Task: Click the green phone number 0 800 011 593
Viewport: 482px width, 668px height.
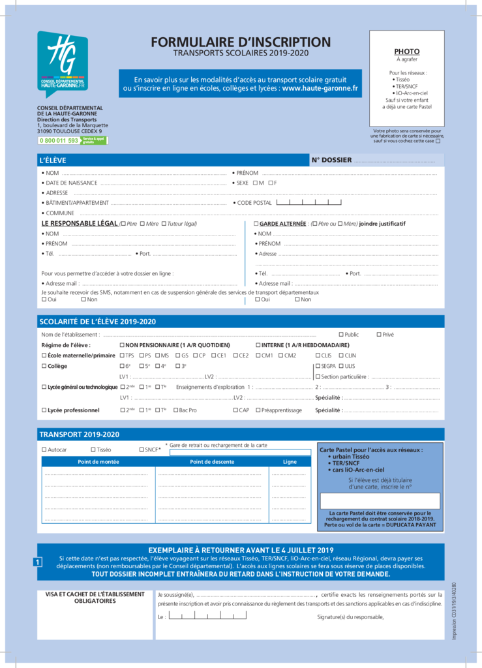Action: (x=59, y=140)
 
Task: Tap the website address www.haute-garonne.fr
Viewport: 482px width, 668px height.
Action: (x=320, y=88)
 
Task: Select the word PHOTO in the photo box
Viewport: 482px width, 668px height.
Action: (x=406, y=52)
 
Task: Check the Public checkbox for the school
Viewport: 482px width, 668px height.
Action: (x=340, y=335)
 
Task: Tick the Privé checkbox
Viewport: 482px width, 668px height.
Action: (x=379, y=335)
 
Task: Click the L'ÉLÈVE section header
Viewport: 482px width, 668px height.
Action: (x=53, y=160)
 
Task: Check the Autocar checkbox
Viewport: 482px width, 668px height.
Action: (x=44, y=449)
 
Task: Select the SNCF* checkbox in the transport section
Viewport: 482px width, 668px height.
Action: (x=141, y=449)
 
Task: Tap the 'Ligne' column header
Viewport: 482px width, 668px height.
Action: (x=290, y=462)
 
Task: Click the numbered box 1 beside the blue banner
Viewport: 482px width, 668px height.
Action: (x=38, y=562)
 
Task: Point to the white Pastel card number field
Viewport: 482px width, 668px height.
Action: (x=380, y=500)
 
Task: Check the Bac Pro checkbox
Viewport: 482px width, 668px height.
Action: (x=175, y=410)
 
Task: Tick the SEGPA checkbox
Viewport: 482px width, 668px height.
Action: (x=317, y=366)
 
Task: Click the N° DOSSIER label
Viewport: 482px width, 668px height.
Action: (x=331, y=160)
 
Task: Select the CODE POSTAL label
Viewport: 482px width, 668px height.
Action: (x=254, y=203)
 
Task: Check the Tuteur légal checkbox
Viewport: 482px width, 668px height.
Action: (x=163, y=224)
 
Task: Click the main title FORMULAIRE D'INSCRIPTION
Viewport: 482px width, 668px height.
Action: (x=241, y=42)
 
